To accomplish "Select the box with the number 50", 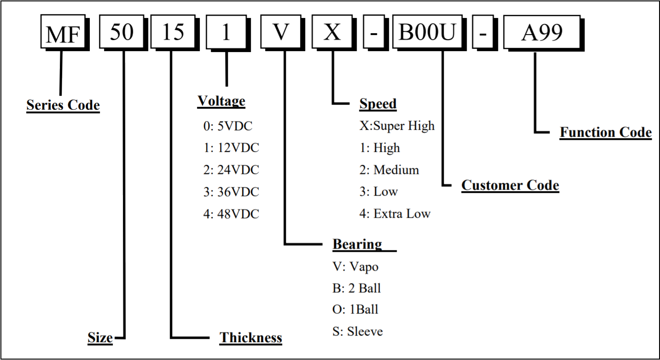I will (122, 32).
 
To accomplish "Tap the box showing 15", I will (173, 32).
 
